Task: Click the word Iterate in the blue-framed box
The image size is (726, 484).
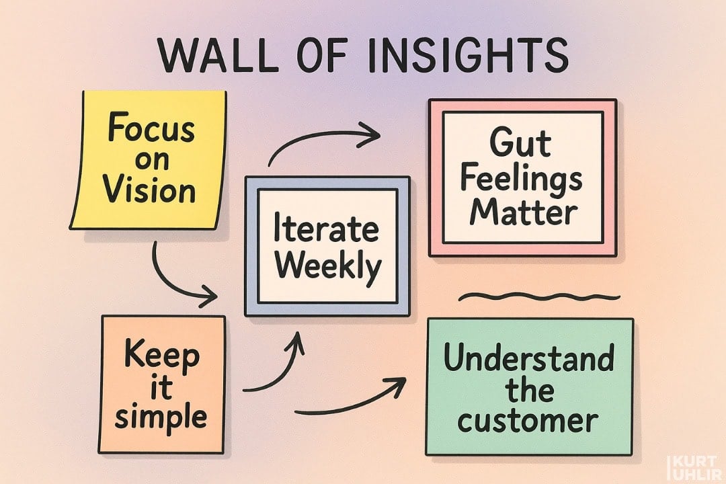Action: [327, 231]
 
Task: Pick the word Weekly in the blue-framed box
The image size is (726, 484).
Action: [327, 267]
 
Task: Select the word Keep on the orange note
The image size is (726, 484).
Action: [161, 355]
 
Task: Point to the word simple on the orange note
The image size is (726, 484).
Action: [161, 417]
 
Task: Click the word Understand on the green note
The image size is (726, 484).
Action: [529, 360]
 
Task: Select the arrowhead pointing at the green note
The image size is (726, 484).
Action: [398, 386]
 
